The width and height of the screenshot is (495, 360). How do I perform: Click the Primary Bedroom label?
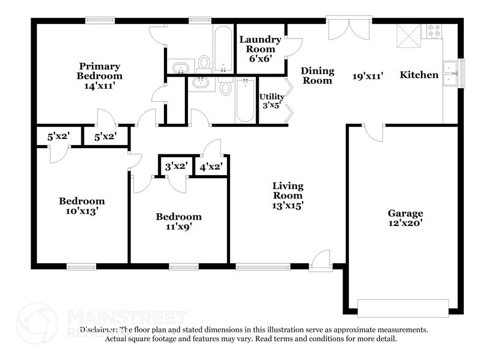99,71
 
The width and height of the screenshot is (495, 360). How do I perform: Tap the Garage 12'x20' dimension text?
405,224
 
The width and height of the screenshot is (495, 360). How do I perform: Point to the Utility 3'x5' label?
271,101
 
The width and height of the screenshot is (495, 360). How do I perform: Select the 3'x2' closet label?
176,166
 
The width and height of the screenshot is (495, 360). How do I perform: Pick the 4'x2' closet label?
210,166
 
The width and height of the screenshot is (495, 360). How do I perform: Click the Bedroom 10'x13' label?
81,206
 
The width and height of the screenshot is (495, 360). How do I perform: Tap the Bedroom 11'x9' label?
178,222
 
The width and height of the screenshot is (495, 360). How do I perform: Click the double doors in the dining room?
349,30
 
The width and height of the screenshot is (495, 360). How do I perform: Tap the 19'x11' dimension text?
368,76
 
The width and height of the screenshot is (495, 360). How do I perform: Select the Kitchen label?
419,75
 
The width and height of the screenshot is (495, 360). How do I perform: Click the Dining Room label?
317,76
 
